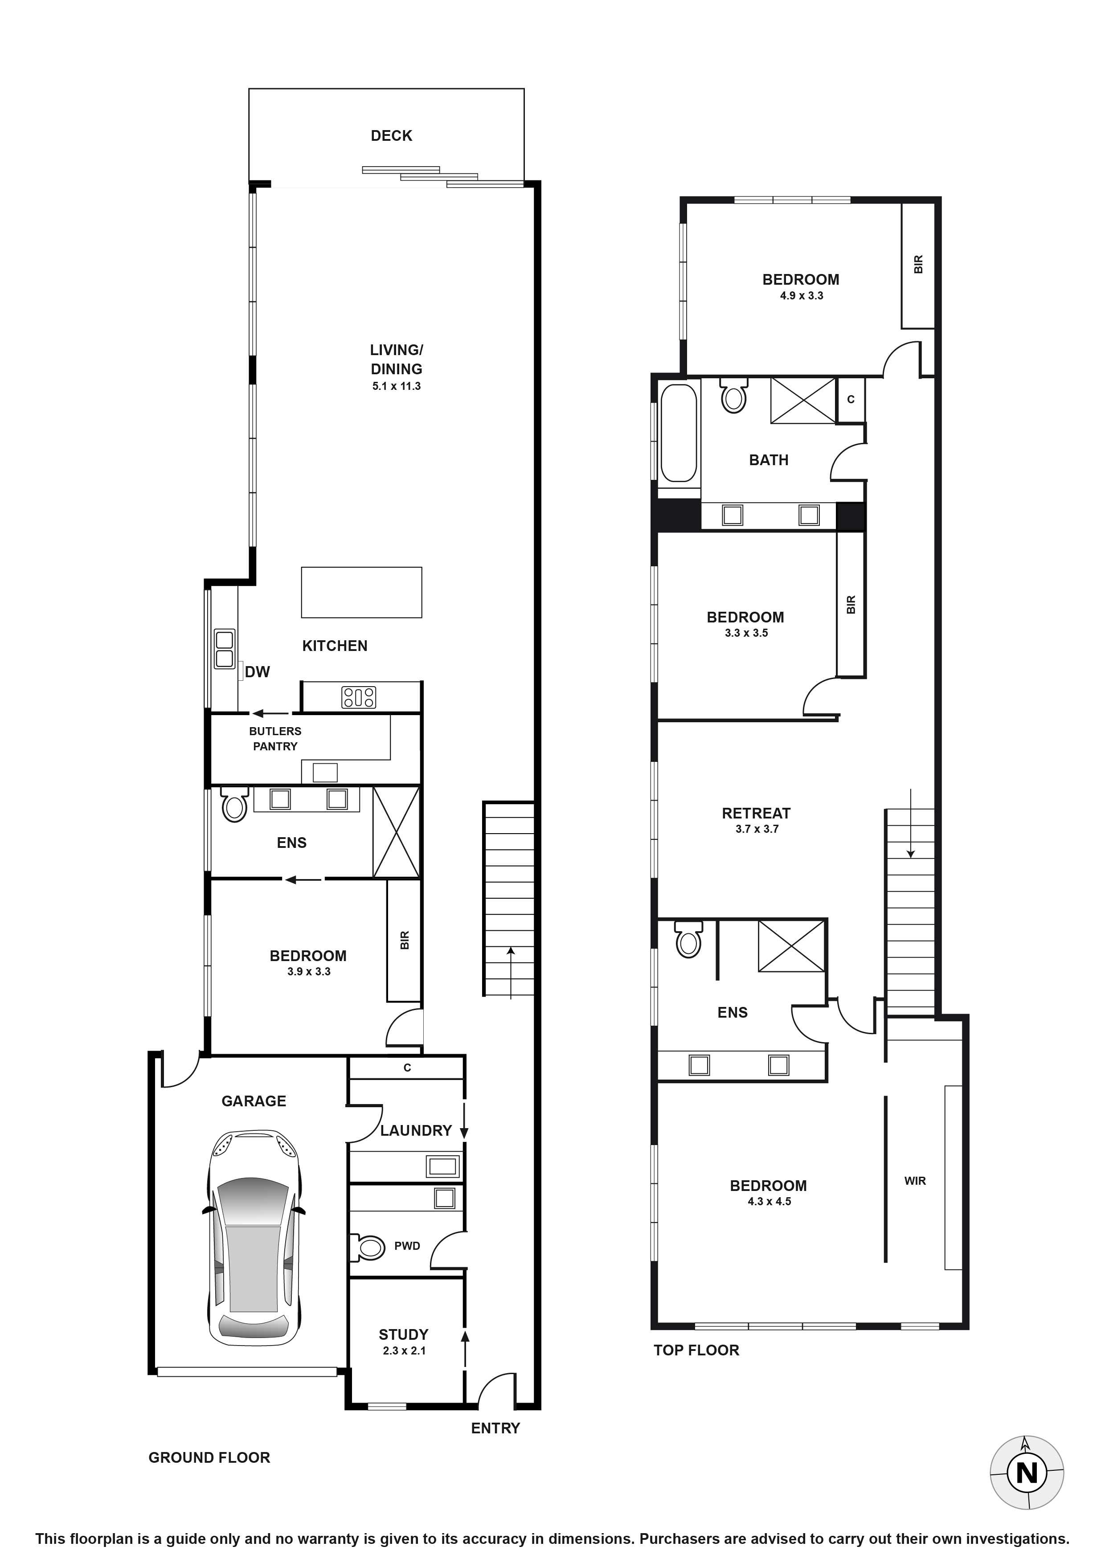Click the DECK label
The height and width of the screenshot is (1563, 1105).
click(392, 135)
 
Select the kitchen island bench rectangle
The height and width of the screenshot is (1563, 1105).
click(361, 592)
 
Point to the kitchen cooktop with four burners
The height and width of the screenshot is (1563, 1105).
click(359, 697)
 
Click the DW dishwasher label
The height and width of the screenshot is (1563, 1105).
click(258, 672)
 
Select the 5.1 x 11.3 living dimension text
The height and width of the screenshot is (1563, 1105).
click(396, 386)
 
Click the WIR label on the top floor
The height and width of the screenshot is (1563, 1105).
click(915, 1180)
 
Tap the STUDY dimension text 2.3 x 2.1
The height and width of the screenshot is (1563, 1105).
click(404, 1350)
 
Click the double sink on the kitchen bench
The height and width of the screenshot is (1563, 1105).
click(224, 649)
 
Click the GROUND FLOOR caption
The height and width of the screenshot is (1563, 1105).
click(209, 1457)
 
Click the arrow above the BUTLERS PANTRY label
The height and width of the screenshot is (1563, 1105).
click(270, 713)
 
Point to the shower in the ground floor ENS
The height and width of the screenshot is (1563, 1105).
click(396, 832)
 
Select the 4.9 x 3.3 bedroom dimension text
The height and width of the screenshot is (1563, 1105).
click(801, 295)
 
